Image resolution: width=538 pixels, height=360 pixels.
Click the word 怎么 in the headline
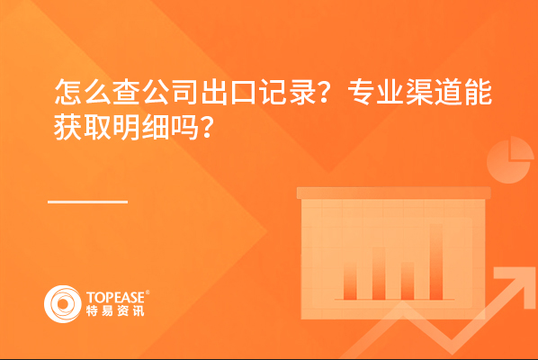pos(83,92)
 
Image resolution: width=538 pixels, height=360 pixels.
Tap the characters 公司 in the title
pos(171,92)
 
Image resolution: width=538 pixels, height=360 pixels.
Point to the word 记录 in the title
pos(288,92)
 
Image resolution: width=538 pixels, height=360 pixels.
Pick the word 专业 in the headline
pos(375,92)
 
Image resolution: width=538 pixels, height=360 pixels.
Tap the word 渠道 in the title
pos(434,92)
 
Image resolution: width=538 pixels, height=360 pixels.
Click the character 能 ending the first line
pos(479,92)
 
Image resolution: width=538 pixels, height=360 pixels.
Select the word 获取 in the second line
pos(83,127)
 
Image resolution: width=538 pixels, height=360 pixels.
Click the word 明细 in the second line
pos(141,127)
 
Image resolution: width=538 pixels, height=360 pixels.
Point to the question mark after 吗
pos(207,128)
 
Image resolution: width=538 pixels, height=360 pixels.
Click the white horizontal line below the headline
pos(88,202)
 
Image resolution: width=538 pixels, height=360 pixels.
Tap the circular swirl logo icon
pos(63,304)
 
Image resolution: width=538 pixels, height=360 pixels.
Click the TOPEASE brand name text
pos(115,298)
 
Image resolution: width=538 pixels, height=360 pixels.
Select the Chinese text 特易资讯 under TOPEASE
pos(115,310)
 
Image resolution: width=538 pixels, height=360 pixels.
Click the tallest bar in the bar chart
pos(436,262)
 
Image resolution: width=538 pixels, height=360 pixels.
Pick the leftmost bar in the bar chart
pos(350,282)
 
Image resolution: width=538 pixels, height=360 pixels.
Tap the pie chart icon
pos(510,159)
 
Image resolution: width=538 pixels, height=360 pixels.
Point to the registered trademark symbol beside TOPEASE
pos(148,292)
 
